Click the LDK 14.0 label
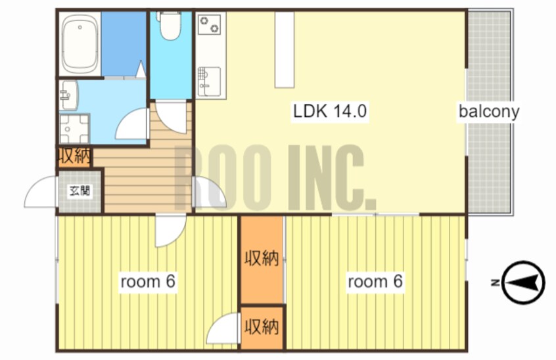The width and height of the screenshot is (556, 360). click(330, 111)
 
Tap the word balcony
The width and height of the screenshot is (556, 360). click(489, 111)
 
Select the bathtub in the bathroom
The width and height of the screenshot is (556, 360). click(80, 44)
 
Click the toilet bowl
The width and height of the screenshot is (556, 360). click(171, 25)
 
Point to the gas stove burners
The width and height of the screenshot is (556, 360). click(209, 24)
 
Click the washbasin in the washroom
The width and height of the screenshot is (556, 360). click(69, 95)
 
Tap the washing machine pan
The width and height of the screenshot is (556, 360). click(74, 129)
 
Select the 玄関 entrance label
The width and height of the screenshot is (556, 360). click(80, 191)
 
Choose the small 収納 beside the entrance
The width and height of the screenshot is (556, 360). click(74, 156)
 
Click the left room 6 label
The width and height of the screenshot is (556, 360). click(148, 282)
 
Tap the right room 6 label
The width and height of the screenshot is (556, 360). click(375, 282)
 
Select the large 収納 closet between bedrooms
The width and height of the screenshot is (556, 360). click(262, 259)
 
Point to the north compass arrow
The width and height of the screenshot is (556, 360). click(524, 282)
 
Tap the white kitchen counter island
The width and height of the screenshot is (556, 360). click(285, 50)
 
